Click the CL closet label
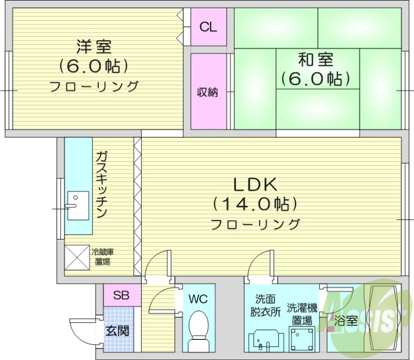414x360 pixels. click(x=209, y=27)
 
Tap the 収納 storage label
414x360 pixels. click(x=208, y=93)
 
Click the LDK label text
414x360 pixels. click(x=256, y=185)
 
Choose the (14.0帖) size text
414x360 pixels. click(x=256, y=204)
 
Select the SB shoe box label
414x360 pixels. click(x=121, y=296)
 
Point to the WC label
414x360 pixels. click(x=198, y=299)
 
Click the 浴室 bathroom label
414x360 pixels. click(x=346, y=321)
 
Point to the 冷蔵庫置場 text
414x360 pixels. click(x=102, y=257)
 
